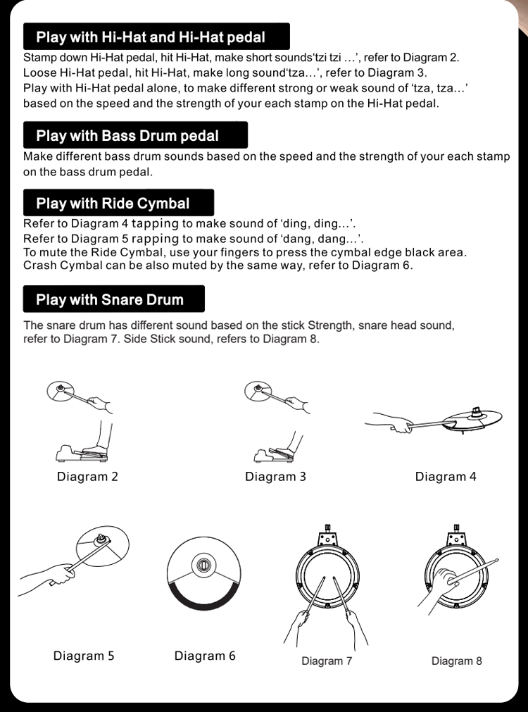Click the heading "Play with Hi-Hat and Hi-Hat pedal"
pos(150,37)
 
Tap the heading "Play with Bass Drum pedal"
pos(127,135)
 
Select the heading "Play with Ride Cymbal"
pos(113,203)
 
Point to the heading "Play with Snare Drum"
pos(109,299)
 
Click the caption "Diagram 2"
pos(87,476)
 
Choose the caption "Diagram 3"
pos(275,476)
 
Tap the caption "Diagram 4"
pos(446,476)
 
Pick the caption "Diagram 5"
pos(84,655)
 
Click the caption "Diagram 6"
pos(205,655)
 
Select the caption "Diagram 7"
pos(327,661)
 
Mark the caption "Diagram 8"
pos(456,661)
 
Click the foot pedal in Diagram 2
pos(82,454)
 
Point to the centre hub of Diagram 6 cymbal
pos(203,566)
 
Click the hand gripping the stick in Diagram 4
pos(401,426)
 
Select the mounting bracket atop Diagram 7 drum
pos(327,537)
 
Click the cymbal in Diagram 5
pos(102,547)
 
